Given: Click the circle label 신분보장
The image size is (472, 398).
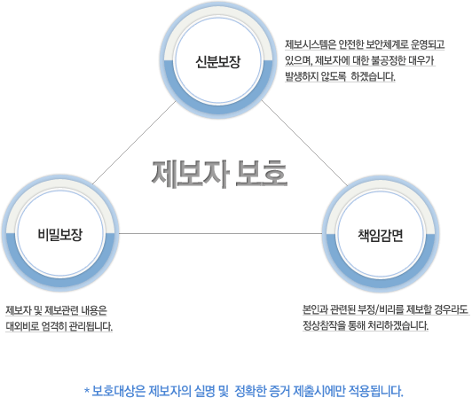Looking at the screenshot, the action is [x=218, y=62].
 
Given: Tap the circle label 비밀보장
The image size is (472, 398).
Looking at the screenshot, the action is [x=60, y=234].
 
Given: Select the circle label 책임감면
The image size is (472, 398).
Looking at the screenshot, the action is [x=381, y=235].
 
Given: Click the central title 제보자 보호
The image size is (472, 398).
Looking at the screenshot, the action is [x=219, y=174].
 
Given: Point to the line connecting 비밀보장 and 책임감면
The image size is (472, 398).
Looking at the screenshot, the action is [x=220, y=233].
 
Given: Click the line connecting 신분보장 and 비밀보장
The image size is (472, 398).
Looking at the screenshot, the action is [x=134, y=143].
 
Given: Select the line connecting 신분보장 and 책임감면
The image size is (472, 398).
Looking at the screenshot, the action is [x=304, y=143].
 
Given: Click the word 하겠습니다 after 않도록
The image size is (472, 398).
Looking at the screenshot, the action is [x=373, y=76].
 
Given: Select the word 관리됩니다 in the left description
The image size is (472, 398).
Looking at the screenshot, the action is [x=90, y=326].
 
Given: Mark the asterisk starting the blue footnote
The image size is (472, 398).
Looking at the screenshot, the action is [x=87, y=391].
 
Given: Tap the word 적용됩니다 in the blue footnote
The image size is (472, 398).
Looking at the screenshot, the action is [x=375, y=391].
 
